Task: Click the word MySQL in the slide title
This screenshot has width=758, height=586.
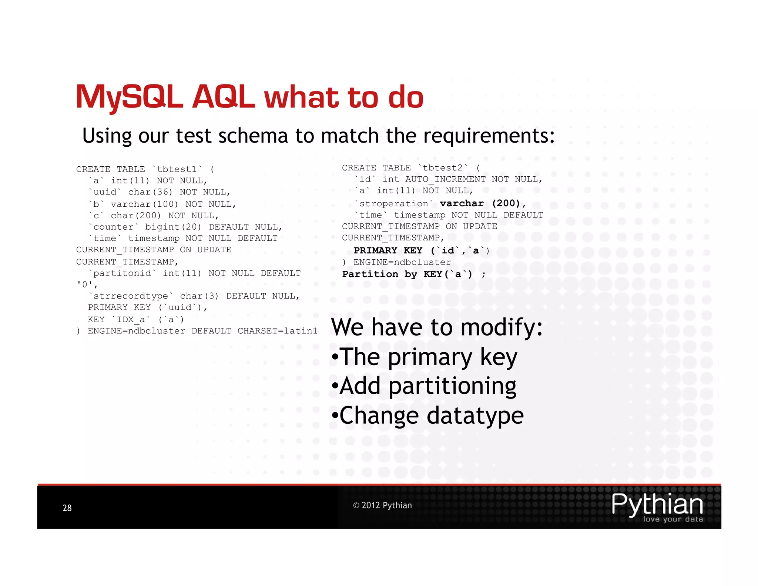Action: point(129,97)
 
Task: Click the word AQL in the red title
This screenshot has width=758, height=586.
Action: point(223,97)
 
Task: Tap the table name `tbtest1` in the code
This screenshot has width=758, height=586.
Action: point(177,169)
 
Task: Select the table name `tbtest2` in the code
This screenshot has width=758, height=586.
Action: point(443,168)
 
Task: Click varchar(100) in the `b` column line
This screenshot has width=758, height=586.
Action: point(144,204)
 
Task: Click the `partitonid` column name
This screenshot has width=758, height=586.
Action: point(122,273)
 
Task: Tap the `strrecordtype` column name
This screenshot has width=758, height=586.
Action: point(131,296)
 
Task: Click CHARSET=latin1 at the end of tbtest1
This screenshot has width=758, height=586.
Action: point(277,331)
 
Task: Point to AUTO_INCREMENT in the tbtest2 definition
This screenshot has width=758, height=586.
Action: point(445,179)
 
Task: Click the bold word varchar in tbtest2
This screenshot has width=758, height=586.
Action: point(462,203)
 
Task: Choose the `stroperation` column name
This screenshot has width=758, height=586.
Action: point(393,203)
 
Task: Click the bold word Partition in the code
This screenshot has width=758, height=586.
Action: point(370,274)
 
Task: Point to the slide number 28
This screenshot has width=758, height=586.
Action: point(67,508)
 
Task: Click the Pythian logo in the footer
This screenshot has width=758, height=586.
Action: point(657,506)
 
